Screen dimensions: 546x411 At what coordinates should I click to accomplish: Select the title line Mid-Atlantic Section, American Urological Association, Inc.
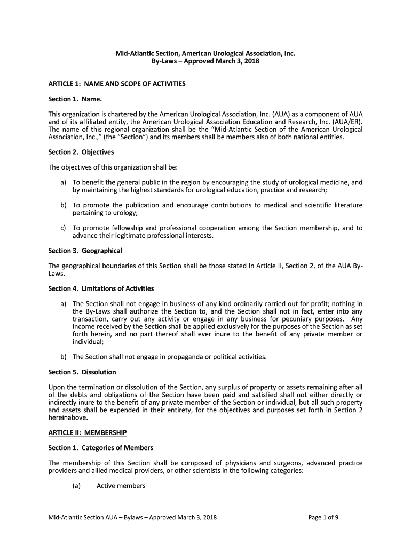(205, 53)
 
